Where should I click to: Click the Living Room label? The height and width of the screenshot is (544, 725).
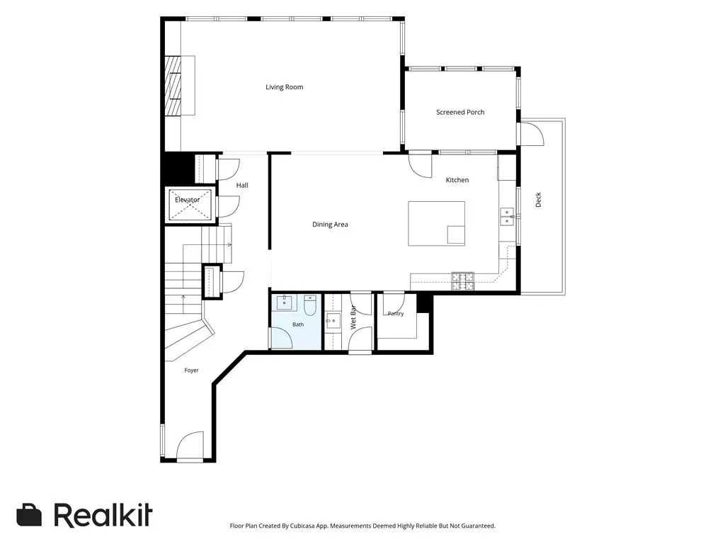point(285,87)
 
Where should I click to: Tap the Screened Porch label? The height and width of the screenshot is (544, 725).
point(460,112)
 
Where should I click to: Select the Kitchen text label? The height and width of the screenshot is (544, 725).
point(457,180)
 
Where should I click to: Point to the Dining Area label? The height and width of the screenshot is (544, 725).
point(330,225)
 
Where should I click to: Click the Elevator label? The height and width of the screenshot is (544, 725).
point(187,200)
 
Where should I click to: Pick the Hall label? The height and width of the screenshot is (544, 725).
point(242,185)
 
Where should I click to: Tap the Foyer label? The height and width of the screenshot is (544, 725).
point(191,370)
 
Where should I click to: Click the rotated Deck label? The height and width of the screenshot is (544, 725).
point(538,200)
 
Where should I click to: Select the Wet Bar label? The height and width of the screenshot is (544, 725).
point(353,317)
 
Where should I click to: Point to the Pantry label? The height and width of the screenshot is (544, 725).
point(396,314)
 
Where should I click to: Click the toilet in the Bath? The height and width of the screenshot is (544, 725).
point(310,305)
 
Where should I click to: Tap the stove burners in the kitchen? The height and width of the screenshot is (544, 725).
point(463,281)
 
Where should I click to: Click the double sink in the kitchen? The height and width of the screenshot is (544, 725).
point(507,217)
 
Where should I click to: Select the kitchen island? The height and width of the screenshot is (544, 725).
point(436,223)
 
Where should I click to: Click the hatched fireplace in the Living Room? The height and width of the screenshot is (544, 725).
point(173,86)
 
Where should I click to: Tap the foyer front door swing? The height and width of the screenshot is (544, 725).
point(190,446)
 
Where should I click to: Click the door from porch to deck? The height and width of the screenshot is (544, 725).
point(532,134)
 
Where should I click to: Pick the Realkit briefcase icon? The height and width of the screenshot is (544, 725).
point(29,515)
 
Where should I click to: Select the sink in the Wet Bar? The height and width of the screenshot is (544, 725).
point(333,321)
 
